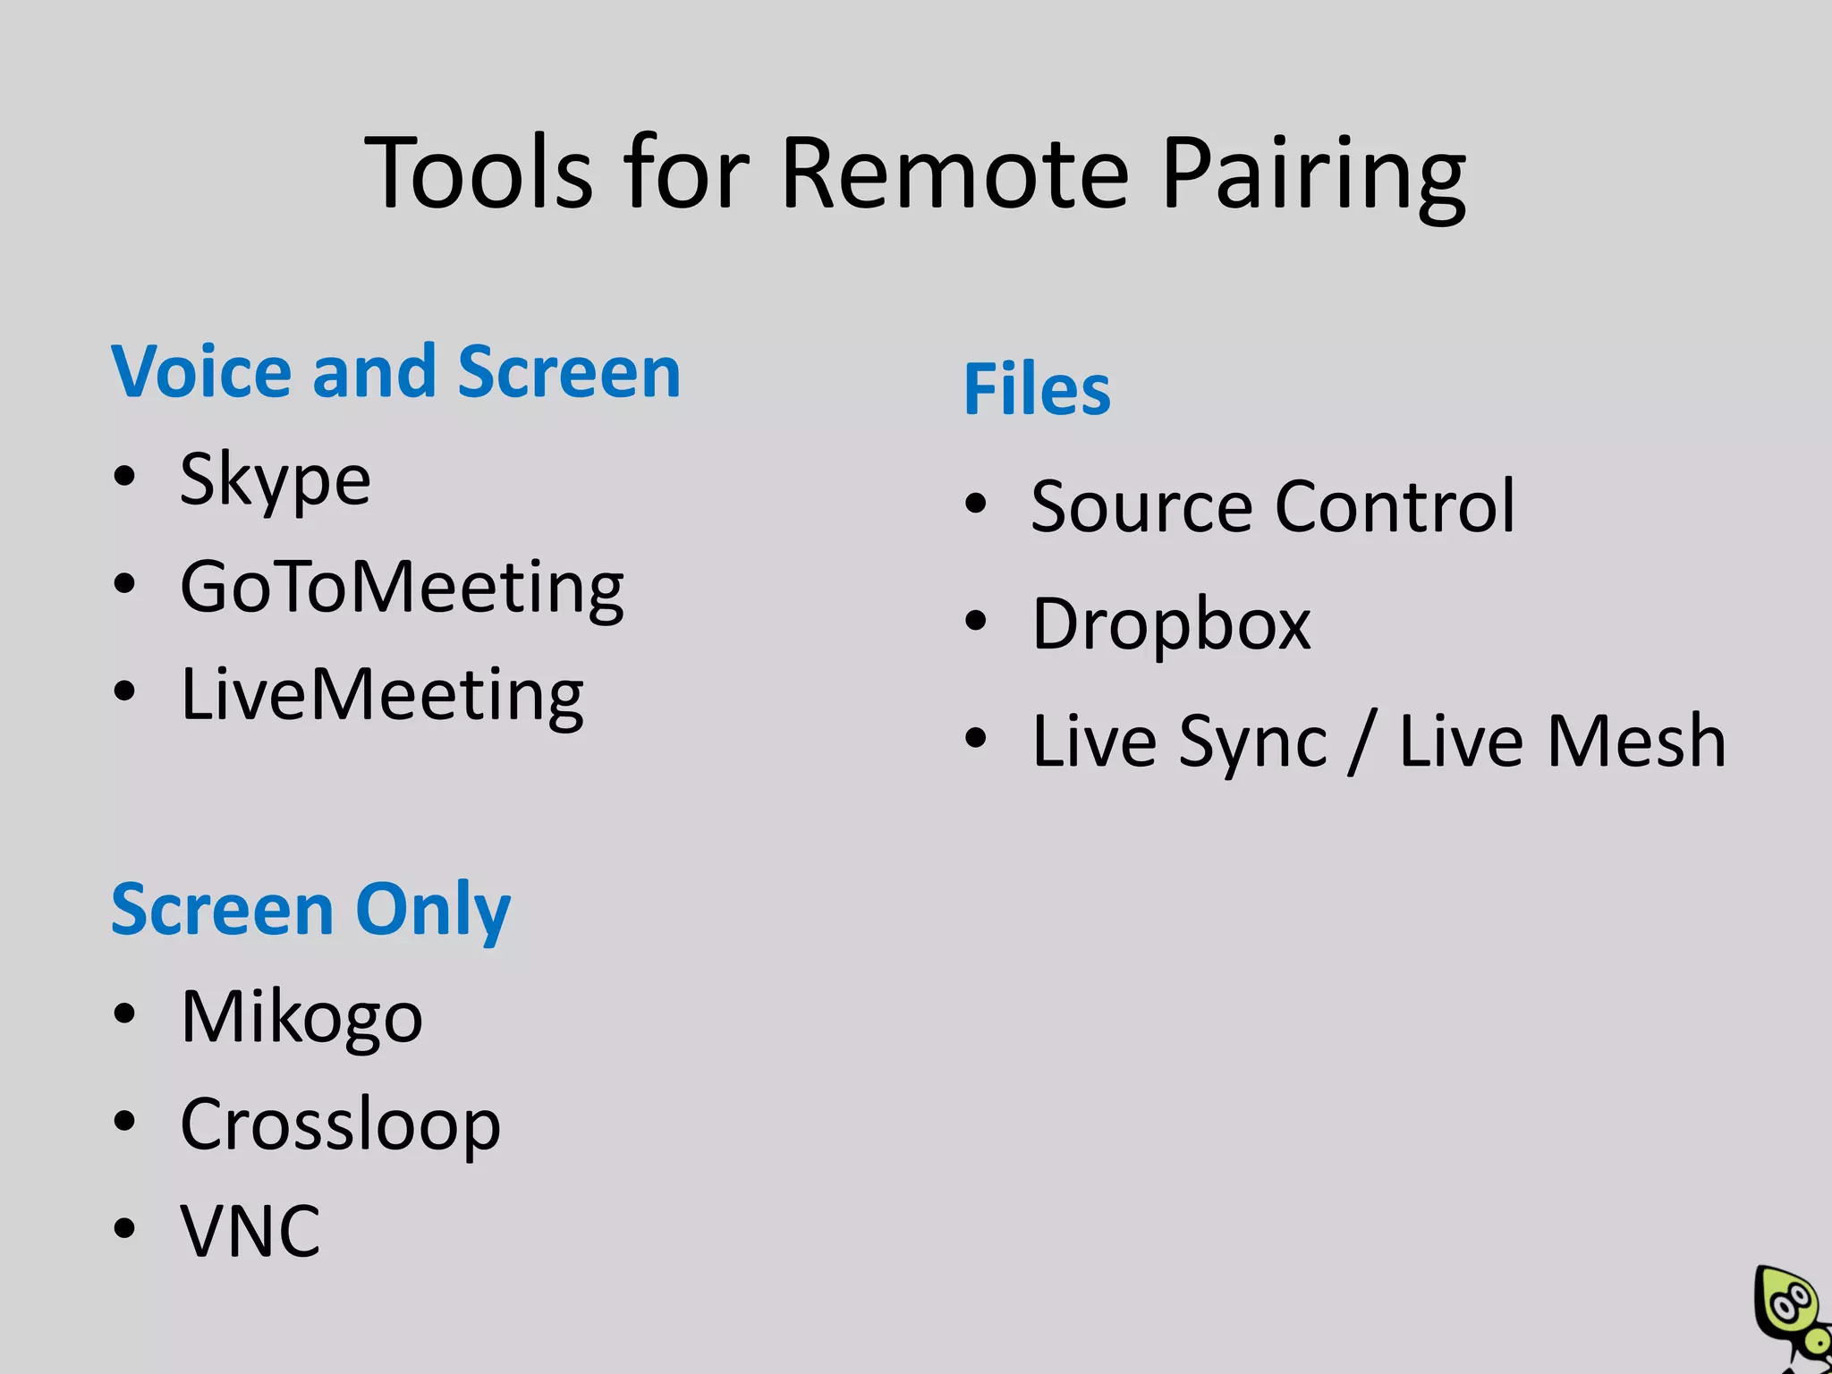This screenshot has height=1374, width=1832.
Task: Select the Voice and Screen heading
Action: [395, 371]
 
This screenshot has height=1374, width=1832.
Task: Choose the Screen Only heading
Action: [310, 910]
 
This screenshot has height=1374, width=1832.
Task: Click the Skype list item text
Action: [275, 481]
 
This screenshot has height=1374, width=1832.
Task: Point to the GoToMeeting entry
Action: [402, 589]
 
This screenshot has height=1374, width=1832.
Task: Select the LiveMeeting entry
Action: [382, 695]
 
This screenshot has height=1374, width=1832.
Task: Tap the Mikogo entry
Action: [301, 1018]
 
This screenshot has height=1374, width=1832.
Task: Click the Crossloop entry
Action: [340, 1124]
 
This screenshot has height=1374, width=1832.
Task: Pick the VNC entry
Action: [250, 1231]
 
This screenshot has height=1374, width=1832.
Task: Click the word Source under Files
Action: [1141, 507]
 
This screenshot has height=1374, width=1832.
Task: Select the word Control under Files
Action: [1395, 506]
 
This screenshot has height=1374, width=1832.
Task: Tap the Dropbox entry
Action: [1170, 623]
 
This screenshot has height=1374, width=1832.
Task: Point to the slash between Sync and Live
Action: [1361, 742]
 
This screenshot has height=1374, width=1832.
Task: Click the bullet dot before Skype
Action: [124, 476]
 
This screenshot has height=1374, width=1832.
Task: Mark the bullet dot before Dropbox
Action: [975, 620]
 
